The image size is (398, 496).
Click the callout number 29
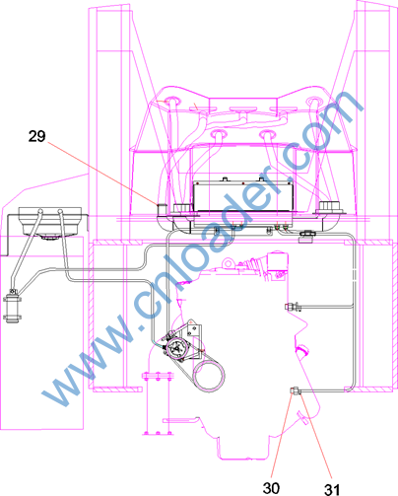coord(36,136)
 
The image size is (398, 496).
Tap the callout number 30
coord(271,488)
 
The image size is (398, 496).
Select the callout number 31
coord(332,489)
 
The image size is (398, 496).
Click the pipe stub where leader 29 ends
coord(162,209)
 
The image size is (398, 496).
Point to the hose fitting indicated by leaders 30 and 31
coord(296,390)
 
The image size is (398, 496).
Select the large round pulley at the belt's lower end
coord(209,375)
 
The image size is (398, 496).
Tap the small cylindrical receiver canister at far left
coord(13,308)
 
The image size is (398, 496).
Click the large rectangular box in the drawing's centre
coord(243,196)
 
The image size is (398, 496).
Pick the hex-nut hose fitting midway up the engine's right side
coord(293,307)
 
